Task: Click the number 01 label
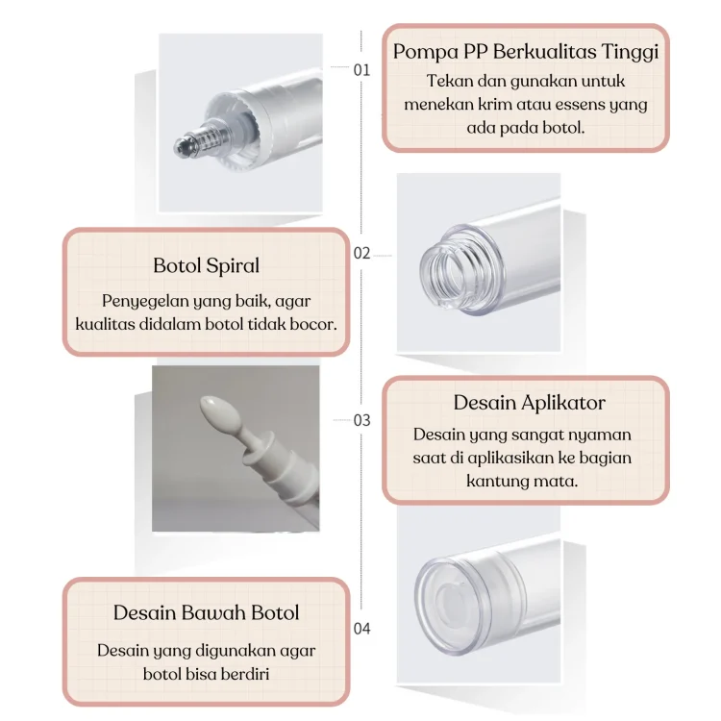361,70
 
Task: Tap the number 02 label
361,254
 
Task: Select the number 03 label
361,420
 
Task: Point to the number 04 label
361,628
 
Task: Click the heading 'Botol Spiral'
207,265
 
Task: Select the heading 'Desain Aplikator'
530,403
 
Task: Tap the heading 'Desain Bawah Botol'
207,613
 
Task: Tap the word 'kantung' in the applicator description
497,482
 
